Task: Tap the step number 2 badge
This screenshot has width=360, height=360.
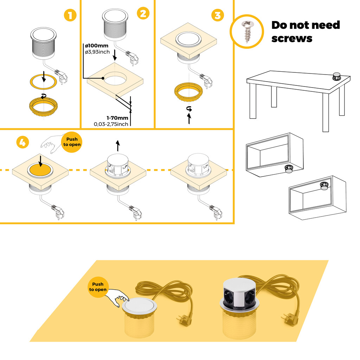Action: coord(143,14)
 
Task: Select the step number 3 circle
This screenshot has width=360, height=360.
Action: coord(218,15)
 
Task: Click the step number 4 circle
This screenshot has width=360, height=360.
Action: coord(22,142)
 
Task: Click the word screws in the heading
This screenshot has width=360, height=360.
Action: coord(292,38)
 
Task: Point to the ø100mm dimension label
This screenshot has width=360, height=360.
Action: coord(97,46)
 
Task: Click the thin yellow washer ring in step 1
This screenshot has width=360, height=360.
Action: coord(43,81)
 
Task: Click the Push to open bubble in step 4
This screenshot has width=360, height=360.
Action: coord(72,142)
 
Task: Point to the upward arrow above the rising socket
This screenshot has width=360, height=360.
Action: coord(118,144)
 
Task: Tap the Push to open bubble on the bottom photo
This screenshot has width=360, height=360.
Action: coord(98,287)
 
